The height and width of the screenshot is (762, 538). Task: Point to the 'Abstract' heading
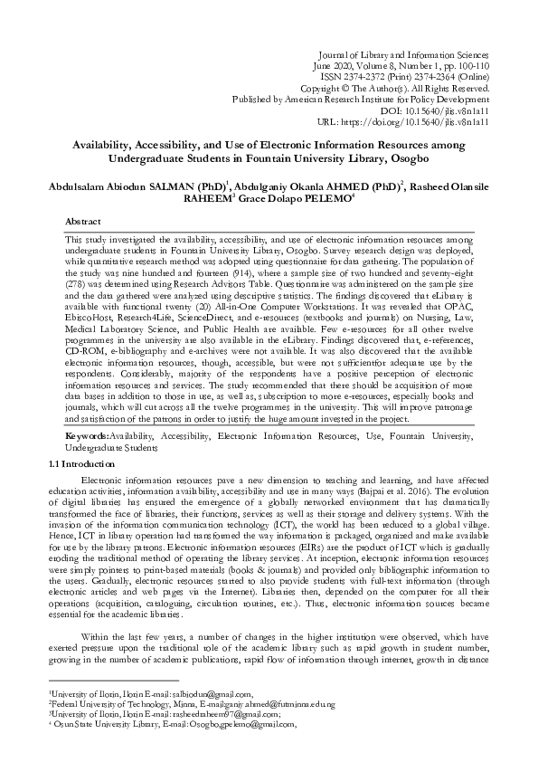click(x=83, y=221)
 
